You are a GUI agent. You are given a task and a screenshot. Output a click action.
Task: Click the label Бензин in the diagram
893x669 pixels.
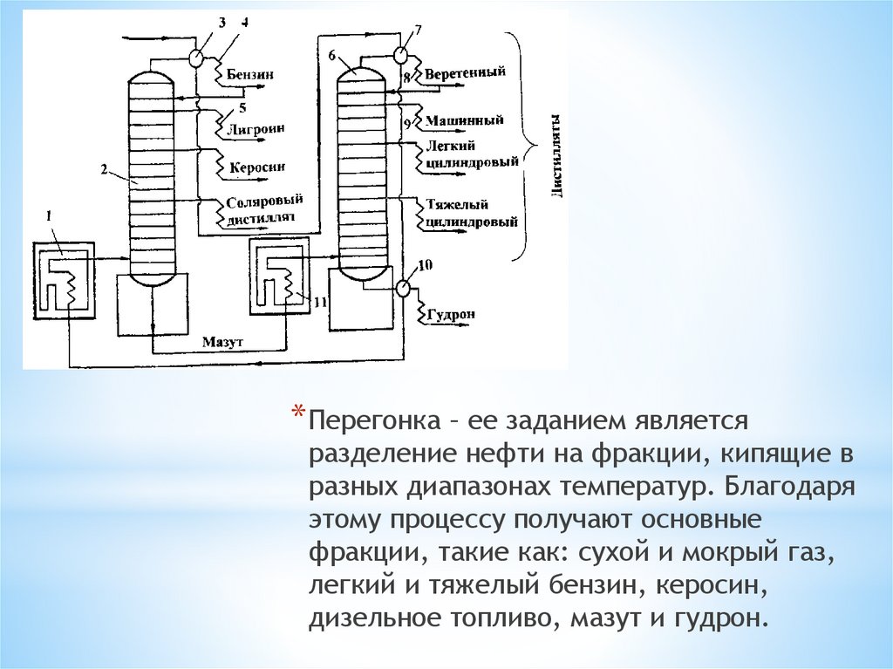click(x=250, y=75)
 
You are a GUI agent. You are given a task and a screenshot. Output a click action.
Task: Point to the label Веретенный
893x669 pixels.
click(x=465, y=73)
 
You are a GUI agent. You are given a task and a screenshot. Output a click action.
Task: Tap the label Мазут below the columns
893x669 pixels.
click(x=222, y=339)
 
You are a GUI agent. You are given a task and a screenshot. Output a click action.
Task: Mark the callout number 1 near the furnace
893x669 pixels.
click(x=50, y=214)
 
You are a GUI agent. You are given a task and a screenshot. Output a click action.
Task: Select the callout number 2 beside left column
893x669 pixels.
click(x=104, y=171)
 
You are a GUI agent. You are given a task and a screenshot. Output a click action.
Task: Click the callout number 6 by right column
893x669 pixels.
click(x=332, y=55)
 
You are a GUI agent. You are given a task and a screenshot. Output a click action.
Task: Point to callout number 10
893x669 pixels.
click(x=425, y=264)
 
